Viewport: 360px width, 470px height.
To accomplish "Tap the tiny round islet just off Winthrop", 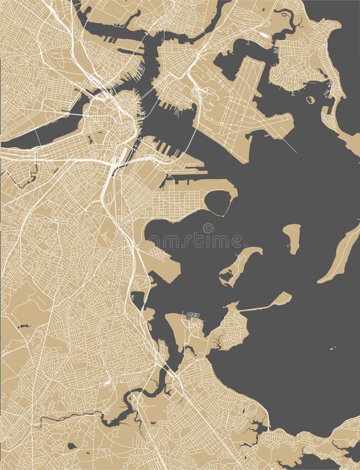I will click(x=310, y=100).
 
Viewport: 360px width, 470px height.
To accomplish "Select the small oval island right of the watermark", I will click(x=292, y=237).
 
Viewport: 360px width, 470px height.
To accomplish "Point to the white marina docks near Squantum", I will click(x=192, y=316).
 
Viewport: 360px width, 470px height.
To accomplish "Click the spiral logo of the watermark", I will click(x=208, y=228).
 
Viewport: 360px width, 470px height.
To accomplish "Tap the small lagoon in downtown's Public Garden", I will click(x=90, y=139).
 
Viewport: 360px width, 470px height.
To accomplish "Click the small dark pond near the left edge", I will click(x=22, y=326).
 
